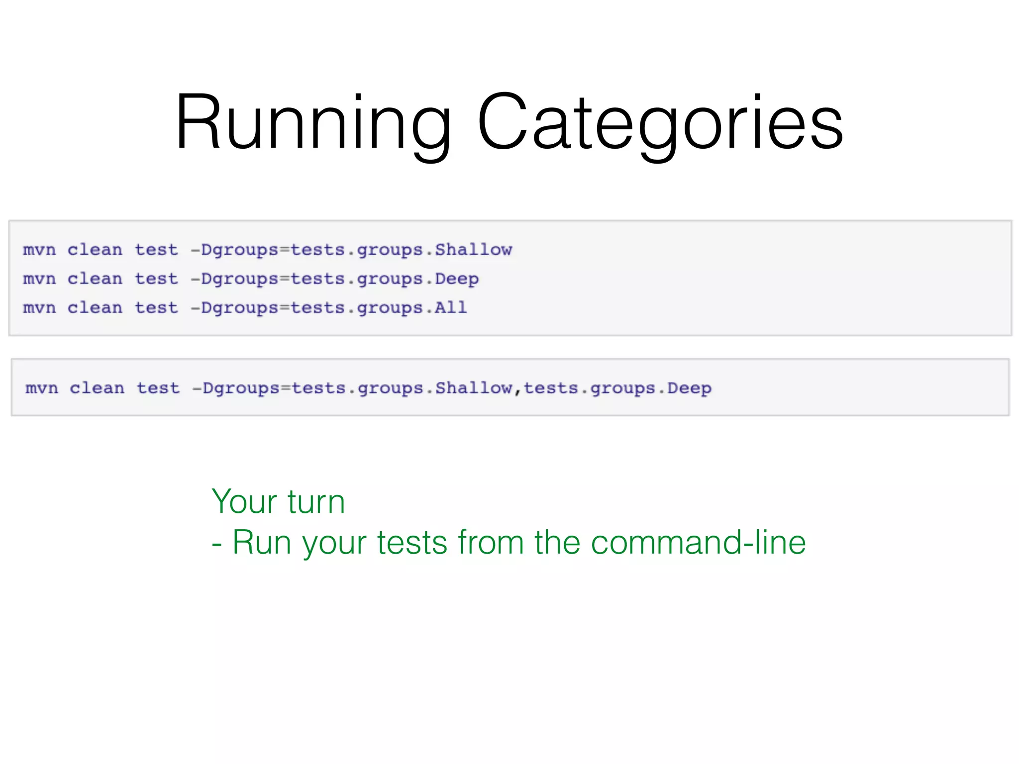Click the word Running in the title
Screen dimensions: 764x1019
click(313, 123)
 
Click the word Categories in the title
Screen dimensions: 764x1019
click(660, 123)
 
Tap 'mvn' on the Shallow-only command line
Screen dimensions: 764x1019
click(39, 250)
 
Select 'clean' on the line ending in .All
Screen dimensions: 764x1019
click(95, 308)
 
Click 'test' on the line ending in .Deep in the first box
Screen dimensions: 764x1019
click(156, 279)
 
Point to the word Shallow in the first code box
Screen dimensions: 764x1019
click(473, 250)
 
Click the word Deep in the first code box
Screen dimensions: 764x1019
click(457, 279)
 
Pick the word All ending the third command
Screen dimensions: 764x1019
click(451, 308)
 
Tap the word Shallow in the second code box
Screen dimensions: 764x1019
click(474, 388)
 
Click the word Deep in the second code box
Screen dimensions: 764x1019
click(689, 388)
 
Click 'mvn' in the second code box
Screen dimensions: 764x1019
click(42, 388)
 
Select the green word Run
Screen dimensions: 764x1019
click(262, 542)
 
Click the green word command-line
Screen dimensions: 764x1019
click(698, 542)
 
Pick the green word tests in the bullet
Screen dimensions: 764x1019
click(412, 542)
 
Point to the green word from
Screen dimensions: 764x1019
click(491, 542)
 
